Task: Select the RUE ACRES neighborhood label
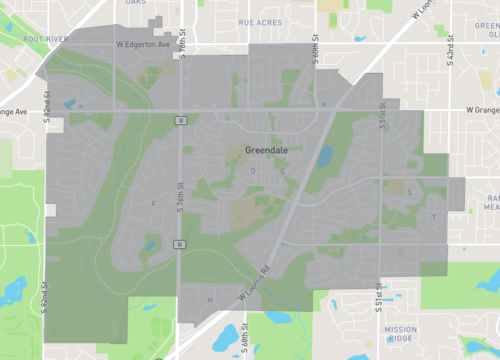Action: tap(259, 21)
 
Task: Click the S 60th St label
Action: tap(315, 52)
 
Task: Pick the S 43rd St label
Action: tap(451, 50)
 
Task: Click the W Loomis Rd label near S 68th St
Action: tap(255, 284)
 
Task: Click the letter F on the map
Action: tap(153, 204)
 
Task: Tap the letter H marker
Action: tap(210, 299)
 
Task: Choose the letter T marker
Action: tap(434, 217)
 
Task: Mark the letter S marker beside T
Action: tap(410, 193)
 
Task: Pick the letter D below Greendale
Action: tap(253, 171)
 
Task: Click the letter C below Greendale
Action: tap(283, 171)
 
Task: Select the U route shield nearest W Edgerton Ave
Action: tap(181, 120)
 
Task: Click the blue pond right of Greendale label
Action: tap(326, 155)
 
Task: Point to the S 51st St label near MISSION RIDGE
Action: tap(379, 300)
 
